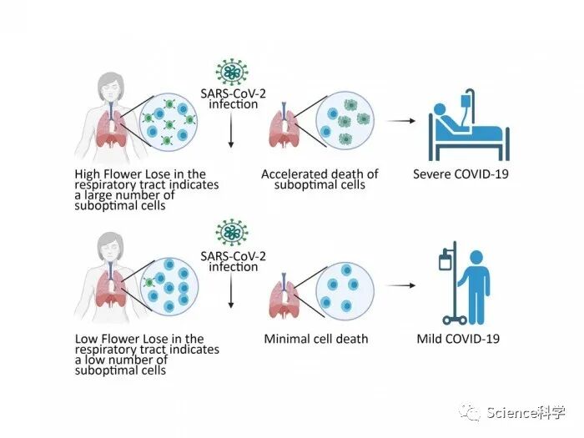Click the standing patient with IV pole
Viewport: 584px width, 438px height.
[x=468, y=284]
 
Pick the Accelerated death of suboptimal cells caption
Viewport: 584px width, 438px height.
[x=320, y=179]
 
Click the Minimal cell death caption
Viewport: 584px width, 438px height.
[x=315, y=340]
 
